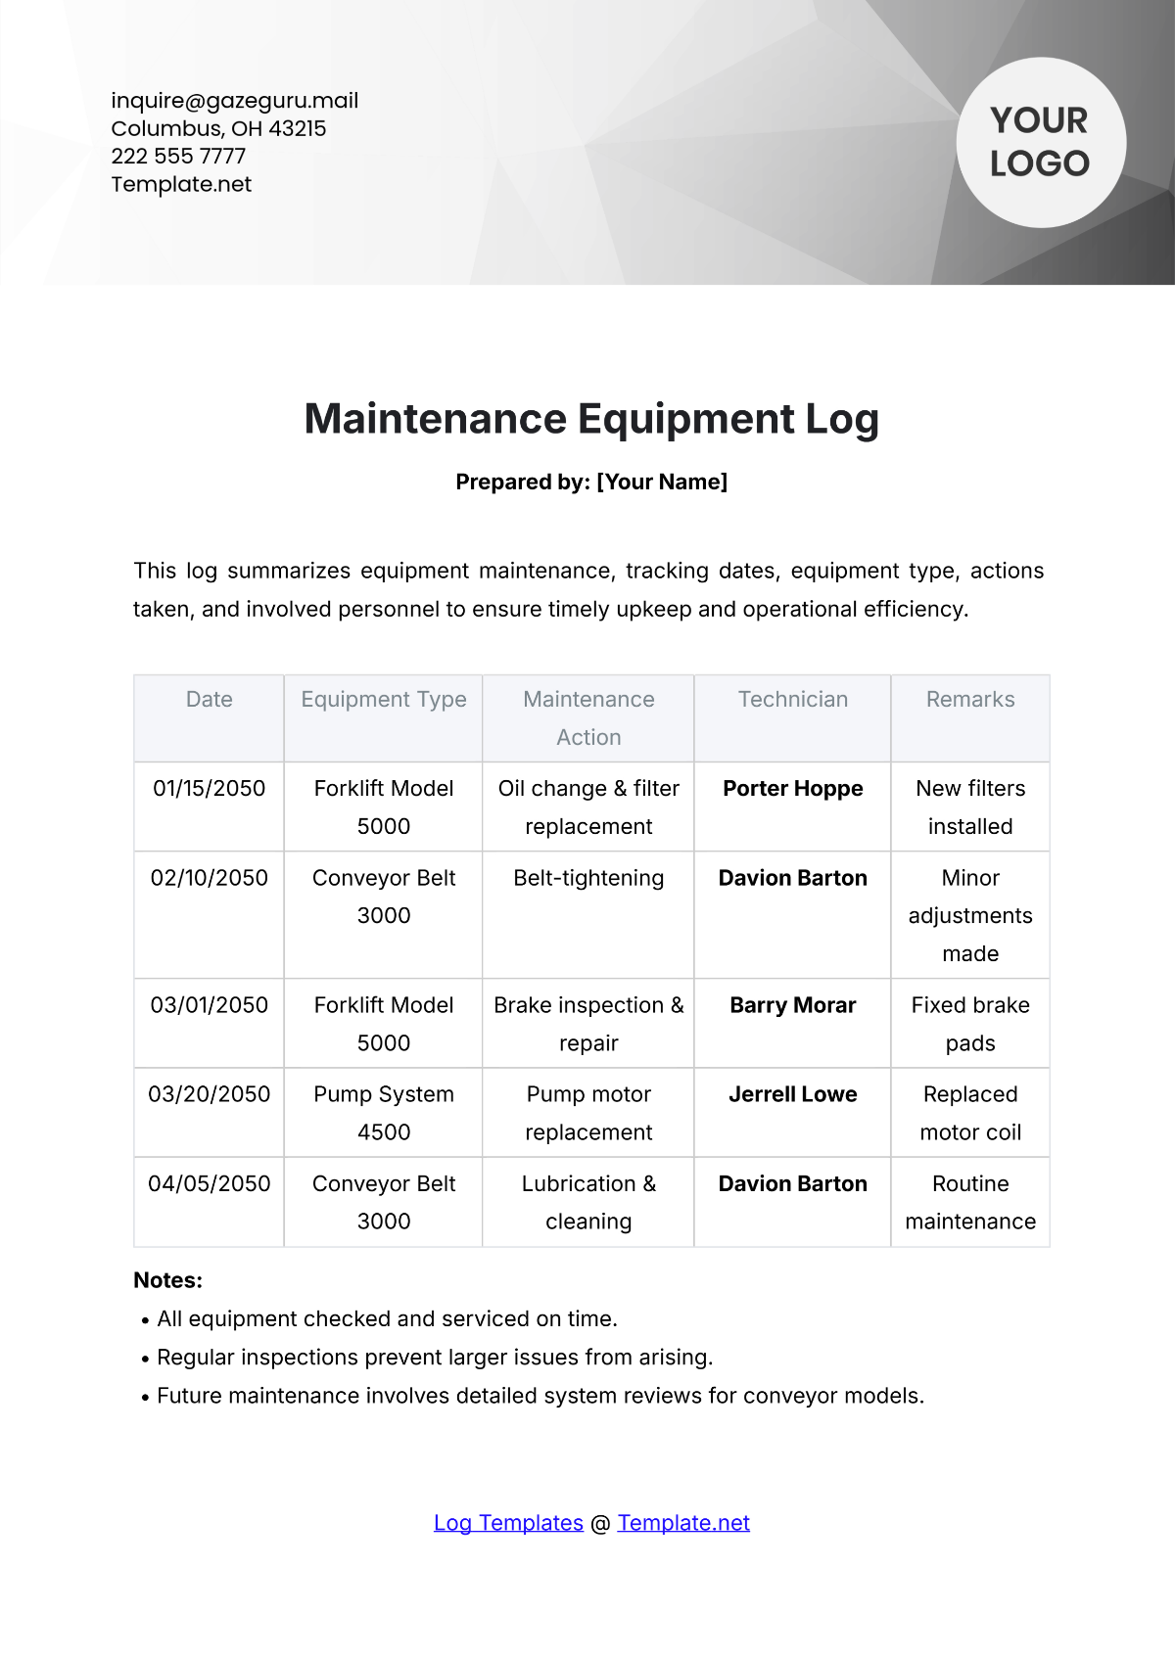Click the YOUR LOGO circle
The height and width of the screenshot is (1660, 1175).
point(1040,143)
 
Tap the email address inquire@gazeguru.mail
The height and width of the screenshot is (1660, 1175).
point(234,101)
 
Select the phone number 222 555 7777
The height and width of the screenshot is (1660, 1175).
point(178,157)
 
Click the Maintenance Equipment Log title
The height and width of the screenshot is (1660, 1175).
point(591,419)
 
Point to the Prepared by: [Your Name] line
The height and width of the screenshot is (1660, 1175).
point(591,482)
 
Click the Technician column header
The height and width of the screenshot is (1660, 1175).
point(793,700)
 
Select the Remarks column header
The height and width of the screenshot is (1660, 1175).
point(970,700)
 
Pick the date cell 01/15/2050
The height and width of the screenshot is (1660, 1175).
point(209,789)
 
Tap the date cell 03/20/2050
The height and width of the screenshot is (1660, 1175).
point(209,1094)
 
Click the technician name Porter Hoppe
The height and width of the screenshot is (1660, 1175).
point(793,789)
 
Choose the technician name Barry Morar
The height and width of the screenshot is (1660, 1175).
point(793,1005)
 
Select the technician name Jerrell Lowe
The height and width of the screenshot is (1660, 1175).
point(793,1094)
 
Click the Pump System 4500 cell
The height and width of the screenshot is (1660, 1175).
point(384,1113)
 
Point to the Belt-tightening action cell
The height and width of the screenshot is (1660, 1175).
point(588,878)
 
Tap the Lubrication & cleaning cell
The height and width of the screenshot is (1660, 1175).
point(588,1202)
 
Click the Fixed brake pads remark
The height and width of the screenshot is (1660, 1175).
point(970,1024)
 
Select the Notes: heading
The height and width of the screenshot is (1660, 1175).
point(168,1280)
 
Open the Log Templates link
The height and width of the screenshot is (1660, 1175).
point(508,1523)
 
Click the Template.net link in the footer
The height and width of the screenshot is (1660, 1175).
point(683,1523)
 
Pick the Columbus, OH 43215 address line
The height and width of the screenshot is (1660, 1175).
point(218,129)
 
